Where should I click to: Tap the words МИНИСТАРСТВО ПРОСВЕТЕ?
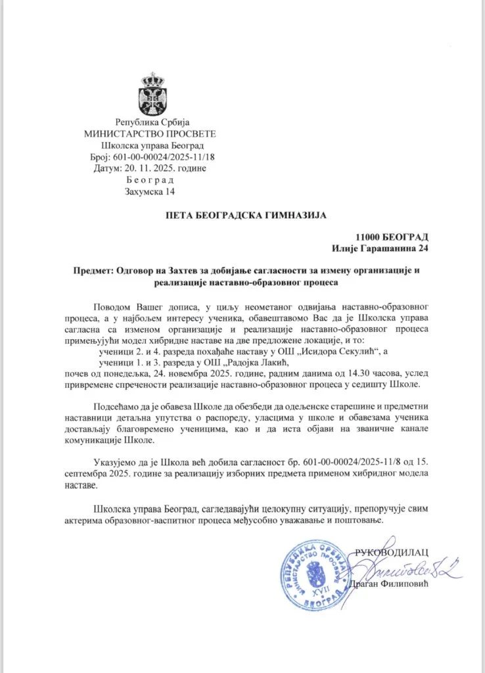point(150,133)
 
